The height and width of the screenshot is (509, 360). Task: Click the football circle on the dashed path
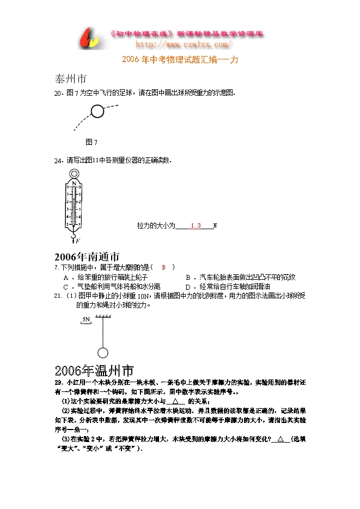coord(97,112)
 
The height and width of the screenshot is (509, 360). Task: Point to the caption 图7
coord(91,142)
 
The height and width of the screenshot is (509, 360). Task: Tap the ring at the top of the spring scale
coord(74,175)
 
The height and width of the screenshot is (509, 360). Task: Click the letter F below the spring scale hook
coord(78,241)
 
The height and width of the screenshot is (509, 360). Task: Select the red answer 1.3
coord(196,225)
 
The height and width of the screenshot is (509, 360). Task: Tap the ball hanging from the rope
coord(102,352)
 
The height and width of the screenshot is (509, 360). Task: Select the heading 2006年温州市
coord(94,372)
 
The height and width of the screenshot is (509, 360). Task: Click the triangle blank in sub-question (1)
coord(175,401)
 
